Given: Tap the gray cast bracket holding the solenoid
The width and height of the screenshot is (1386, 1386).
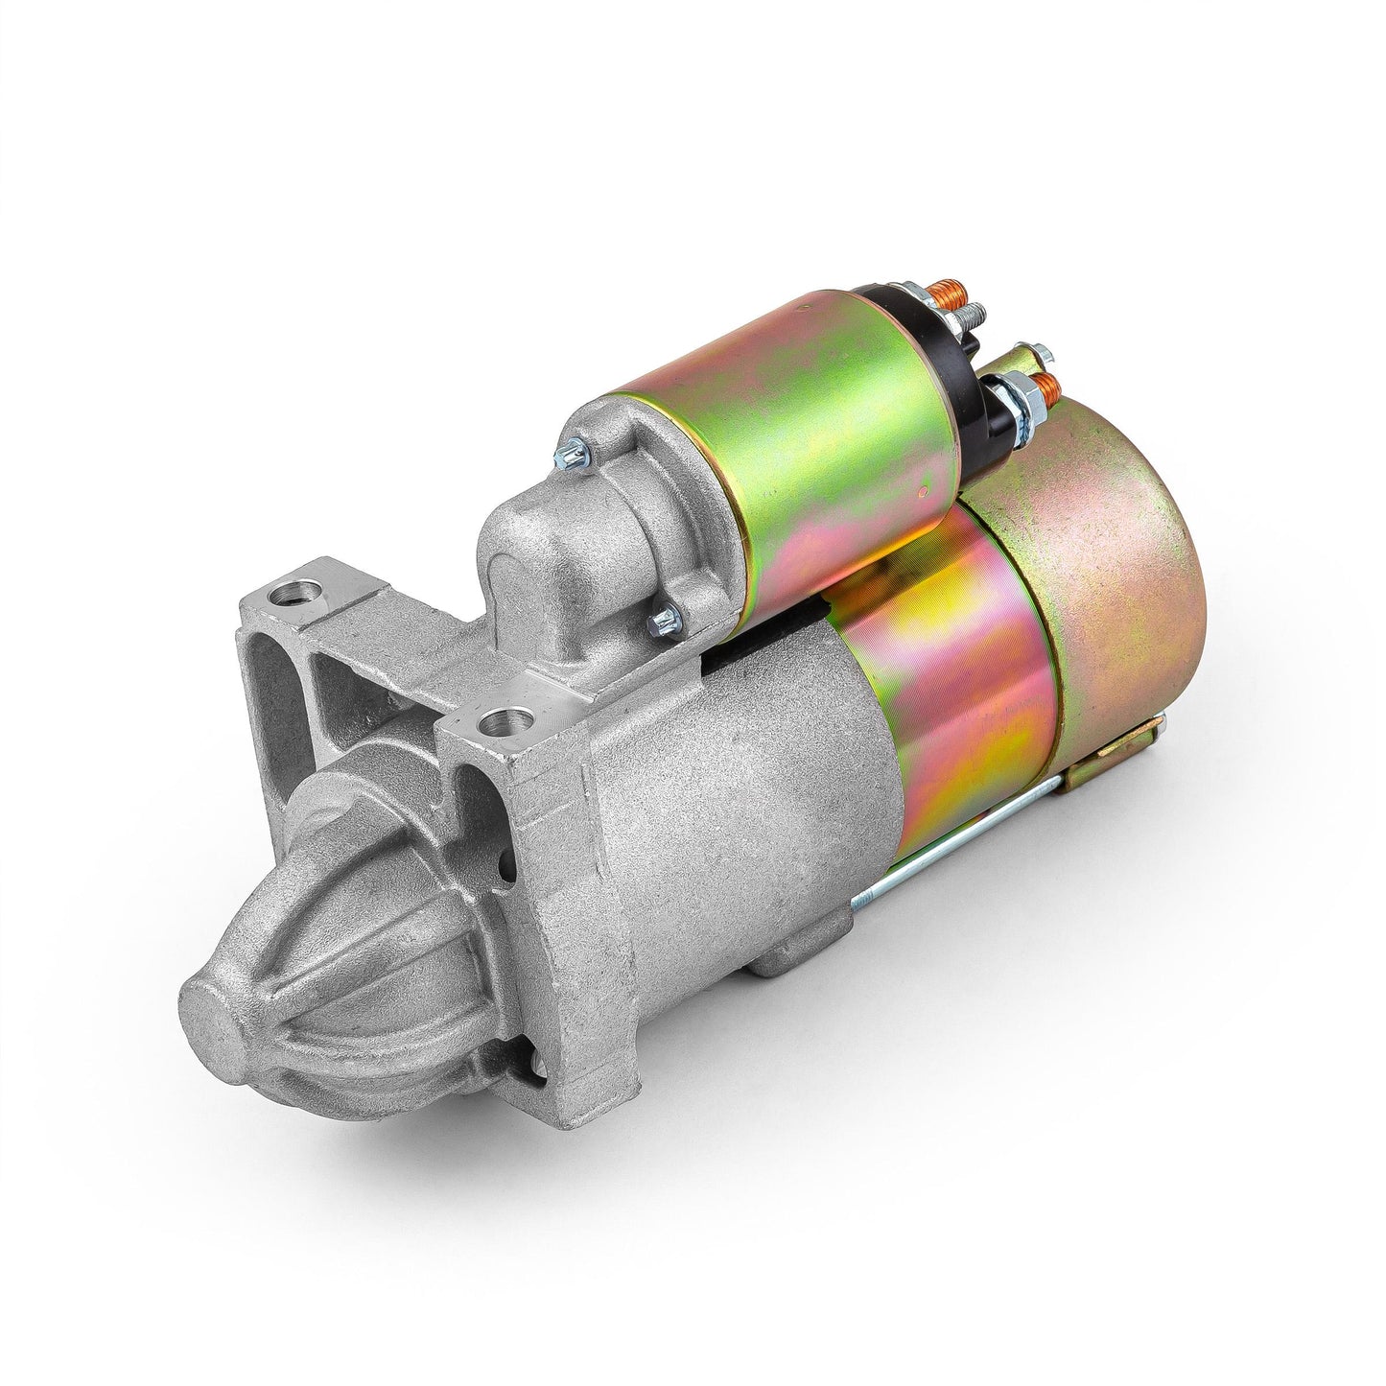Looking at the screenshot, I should click(556, 547).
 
